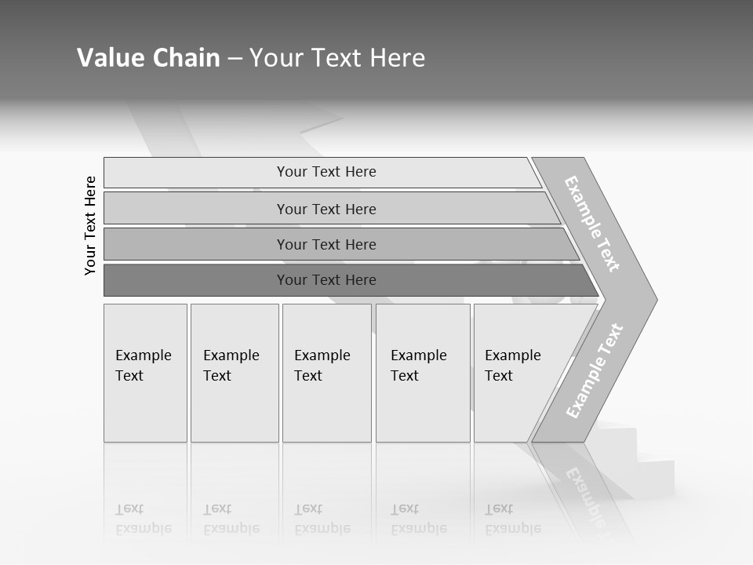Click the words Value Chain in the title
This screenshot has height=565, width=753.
148,58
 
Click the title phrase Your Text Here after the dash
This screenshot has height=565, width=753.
337,58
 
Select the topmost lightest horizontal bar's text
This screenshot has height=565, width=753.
326,172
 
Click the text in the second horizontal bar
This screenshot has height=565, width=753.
326,210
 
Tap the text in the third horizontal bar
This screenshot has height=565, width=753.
326,245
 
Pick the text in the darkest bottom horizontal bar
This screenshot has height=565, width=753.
326,280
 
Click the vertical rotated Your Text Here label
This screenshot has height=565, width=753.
90,225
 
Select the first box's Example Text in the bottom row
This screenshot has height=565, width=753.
143,366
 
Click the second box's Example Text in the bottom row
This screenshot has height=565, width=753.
231,366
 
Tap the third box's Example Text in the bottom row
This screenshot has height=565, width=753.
322,366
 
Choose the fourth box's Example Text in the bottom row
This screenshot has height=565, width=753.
418,366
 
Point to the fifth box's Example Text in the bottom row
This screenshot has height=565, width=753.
512,366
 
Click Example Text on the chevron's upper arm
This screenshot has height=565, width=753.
592,224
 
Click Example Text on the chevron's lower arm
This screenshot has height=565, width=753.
595,371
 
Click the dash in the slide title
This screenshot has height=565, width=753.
235,59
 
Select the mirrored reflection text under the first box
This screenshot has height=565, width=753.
143,519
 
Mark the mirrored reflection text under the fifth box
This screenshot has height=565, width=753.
512,519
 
